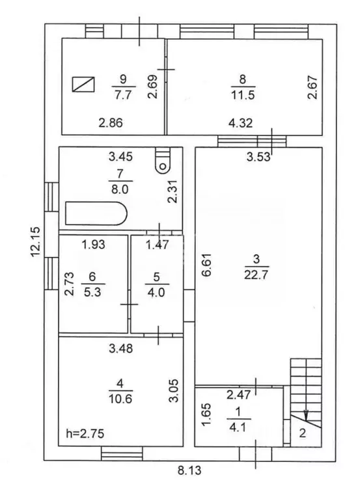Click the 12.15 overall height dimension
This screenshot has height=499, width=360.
click(x=35, y=241)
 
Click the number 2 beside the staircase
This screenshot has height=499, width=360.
click(x=303, y=432)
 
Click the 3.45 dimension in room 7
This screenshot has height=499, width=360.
click(x=120, y=156)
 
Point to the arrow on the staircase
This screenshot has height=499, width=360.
click(x=307, y=411)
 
